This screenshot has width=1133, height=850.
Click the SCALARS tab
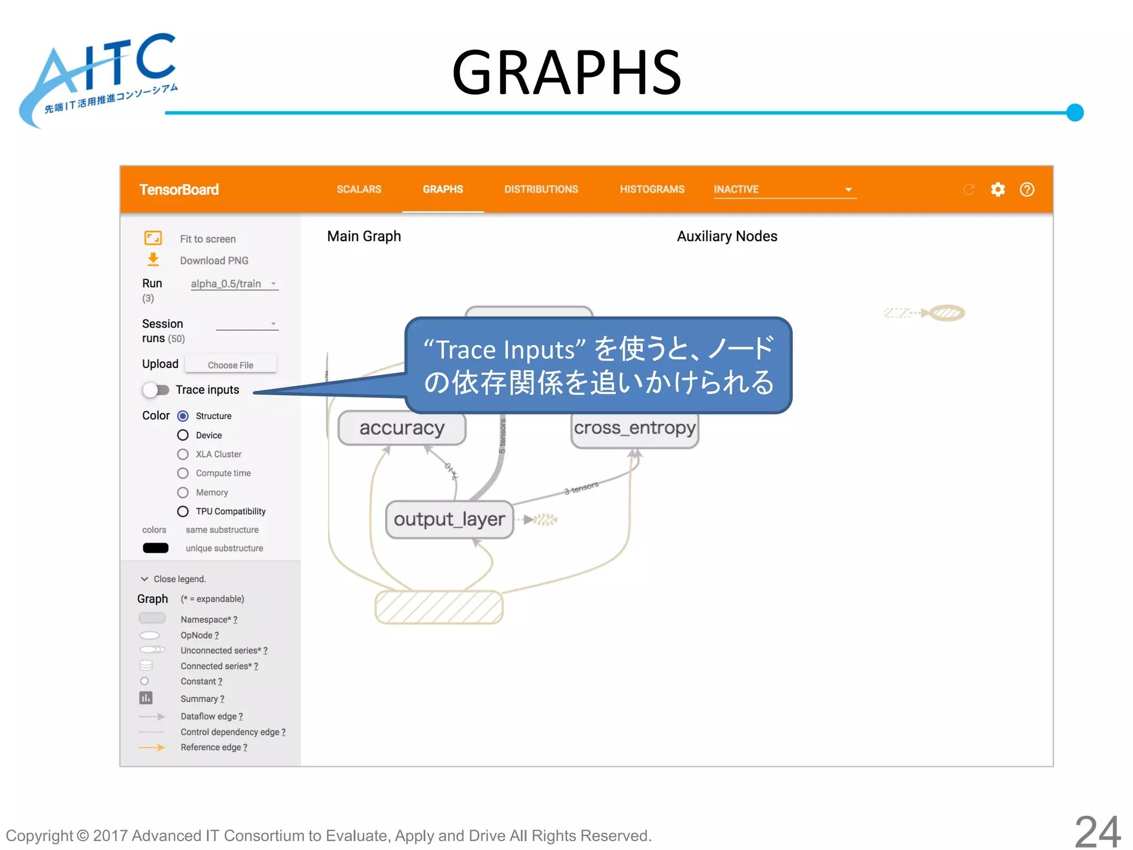pos(358,189)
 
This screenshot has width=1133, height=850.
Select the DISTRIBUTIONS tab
pos(540,189)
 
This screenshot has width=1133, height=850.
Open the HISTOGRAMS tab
pos(652,189)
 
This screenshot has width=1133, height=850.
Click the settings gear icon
pos(997,190)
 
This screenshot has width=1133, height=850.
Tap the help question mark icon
pos(1027,190)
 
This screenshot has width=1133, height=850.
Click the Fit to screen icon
pos(153,238)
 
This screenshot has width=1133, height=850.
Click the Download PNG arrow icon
pos(153,260)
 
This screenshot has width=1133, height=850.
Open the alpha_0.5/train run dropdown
pos(234,284)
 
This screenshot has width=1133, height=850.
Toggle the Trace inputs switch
pos(155,390)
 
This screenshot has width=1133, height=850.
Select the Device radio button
pos(183,435)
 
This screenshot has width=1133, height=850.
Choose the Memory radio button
pos(183,492)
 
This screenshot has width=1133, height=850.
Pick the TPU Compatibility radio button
pos(183,511)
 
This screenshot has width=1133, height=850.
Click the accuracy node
pos(402,428)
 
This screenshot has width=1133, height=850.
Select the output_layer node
pos(449,519)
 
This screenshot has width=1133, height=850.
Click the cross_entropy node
pos(635,428)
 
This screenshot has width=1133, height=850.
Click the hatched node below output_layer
pos(439,607)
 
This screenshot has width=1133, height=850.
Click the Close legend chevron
pos(144,579)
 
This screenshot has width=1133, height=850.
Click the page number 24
pos(1097,831)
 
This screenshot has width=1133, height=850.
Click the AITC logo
pos(100,77)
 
